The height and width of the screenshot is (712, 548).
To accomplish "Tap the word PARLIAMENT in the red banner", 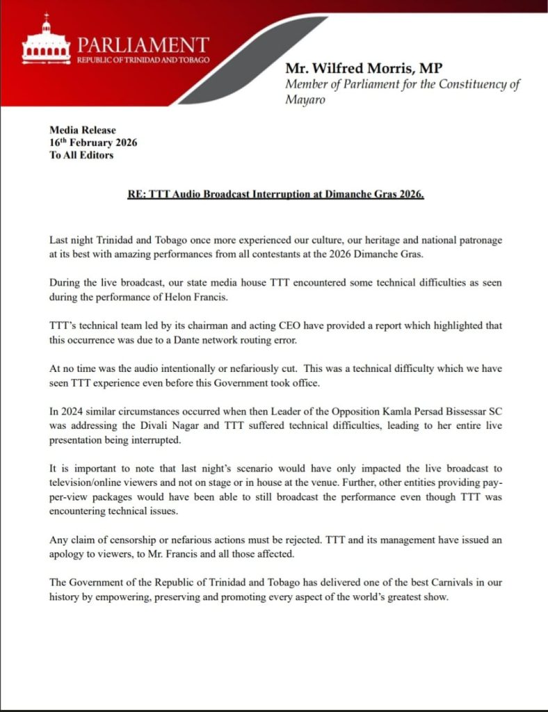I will [142, 46].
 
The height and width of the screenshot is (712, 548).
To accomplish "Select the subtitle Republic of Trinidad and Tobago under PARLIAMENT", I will [142, 60].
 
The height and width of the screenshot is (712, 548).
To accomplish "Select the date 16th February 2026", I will [93, 143].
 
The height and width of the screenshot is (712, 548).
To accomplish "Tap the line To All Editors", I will [81, 155].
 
